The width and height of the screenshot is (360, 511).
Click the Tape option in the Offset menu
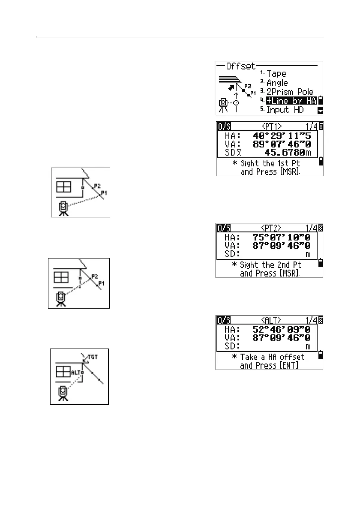(x=276, y=74)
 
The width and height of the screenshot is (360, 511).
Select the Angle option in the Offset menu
(x=277, y=83)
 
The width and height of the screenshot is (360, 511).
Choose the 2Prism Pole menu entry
(x=290, y=92)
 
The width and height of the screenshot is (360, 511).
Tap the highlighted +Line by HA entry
(x=291, y=101)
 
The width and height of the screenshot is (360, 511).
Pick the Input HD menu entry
(x=285, y=110)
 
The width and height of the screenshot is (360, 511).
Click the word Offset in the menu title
(x=240, y=66)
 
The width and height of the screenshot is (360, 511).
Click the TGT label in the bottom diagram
(x=93, y=356)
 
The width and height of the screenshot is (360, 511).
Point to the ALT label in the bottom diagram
(x=75, y=372)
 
